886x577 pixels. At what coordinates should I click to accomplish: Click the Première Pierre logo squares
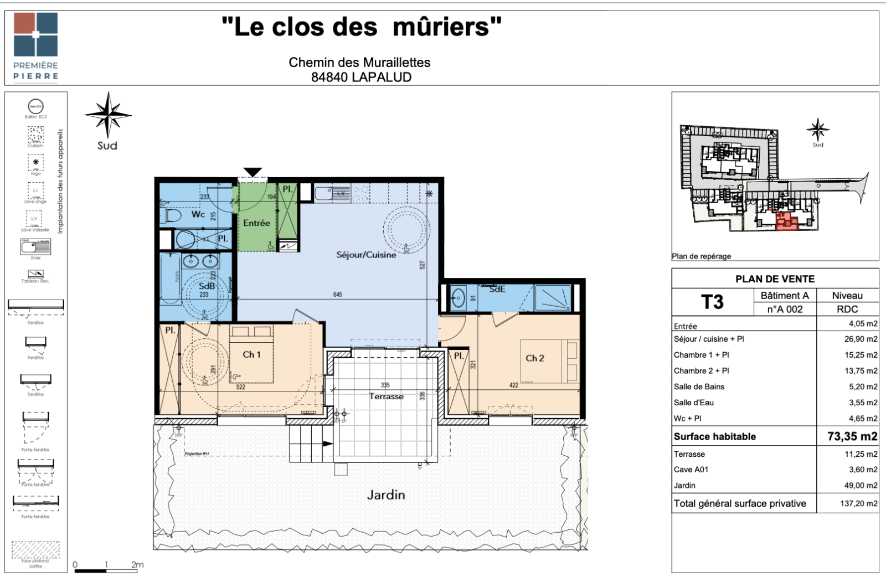[35, 34]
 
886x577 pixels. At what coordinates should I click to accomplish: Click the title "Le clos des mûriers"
[361, 26]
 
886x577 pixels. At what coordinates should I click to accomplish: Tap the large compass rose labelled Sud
[108, 115]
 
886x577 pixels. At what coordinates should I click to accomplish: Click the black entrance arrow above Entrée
[253, 172]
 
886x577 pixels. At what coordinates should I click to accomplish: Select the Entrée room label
[256, 223]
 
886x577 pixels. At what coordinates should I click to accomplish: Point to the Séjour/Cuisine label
[366, 255]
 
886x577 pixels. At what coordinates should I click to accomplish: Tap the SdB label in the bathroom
[207, 286]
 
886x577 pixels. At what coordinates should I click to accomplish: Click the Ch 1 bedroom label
[251, 354]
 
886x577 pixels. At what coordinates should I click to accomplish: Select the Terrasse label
[386, 396]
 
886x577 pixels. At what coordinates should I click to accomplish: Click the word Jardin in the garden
[386, 494]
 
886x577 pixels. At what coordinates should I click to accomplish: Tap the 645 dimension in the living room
[338, 295]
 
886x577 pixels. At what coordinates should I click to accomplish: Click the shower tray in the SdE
[553, 298]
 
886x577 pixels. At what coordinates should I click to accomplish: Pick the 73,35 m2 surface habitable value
[852, 436]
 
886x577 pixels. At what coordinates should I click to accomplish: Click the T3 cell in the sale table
[712, 302]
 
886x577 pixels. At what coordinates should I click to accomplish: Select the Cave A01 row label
[691, 470]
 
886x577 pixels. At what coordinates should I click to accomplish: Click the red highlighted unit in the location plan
[786, 221]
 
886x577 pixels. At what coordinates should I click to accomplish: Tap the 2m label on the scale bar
[137, 565]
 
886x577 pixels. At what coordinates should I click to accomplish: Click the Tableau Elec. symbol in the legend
[35, 274]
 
